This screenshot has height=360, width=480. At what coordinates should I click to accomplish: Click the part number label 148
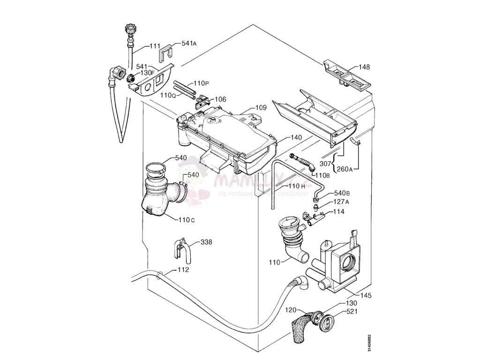(364, 67)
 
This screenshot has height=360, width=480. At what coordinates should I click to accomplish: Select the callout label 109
(261, 108)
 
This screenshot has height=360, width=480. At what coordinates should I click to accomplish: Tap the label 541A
(189, 44)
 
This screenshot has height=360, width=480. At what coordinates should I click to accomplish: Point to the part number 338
(206, 242)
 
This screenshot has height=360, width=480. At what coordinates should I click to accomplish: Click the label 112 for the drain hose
(183, 270)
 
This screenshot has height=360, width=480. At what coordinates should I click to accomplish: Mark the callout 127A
(342, 202)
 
